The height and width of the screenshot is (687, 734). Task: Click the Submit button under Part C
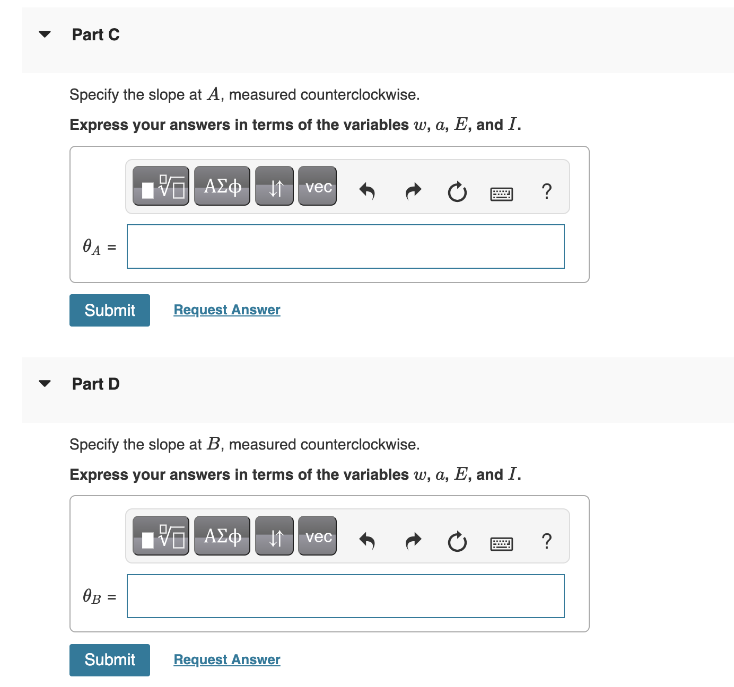coord(110,310)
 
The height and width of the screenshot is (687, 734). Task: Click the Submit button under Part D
coord(110,660)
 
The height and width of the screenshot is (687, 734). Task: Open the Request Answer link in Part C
coord(227,310)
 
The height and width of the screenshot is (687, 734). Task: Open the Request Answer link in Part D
coord(227,659)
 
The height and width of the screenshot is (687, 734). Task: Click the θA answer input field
coord(346,246)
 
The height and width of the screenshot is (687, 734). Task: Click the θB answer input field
coord(346,596)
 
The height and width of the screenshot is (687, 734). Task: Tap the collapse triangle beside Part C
coord(45,34)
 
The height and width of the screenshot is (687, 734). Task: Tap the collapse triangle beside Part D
coord(45,383)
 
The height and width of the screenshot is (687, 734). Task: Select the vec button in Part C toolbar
coord(318,186)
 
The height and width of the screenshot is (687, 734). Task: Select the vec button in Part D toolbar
coord(318,536)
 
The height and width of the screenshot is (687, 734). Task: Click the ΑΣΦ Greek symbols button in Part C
coord(222,186)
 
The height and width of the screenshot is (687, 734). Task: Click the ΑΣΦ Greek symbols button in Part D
coord(222,536)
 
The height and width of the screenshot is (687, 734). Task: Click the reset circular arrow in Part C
coord(457,191)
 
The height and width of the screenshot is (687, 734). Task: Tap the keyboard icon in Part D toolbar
coord(501,543)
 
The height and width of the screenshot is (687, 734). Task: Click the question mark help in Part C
coord(547,191)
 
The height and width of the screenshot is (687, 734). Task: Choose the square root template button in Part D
coord(161,536)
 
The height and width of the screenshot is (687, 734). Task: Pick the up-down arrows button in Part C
coord(275,186)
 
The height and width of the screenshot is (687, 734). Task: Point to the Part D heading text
coord(96,384)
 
